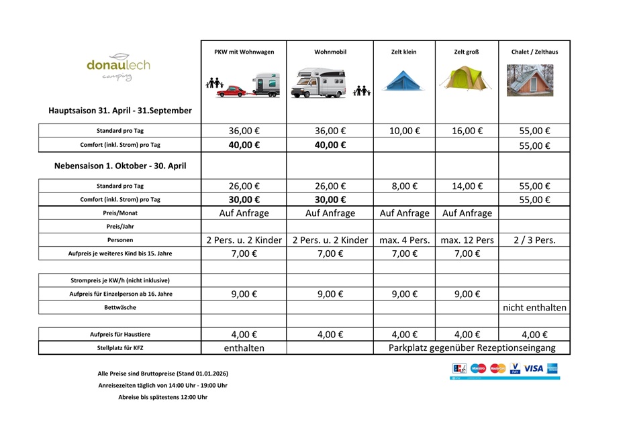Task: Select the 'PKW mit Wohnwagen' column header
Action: coord(244,52)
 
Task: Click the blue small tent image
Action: coord(403,80)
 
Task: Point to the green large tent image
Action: coord(466,78)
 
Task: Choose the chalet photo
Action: coord(530,80)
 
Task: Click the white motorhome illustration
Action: coord(320,84)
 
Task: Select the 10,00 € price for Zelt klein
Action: coord(404,131)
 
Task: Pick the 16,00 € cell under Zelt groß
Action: coord(467,131)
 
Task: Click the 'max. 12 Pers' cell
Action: coord(467,240)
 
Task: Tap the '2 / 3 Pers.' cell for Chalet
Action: coord(534,240)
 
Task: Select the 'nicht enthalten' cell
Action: coord(534,308)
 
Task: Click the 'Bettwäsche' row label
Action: coord(120,308)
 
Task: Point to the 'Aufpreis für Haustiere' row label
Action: coord(120,335)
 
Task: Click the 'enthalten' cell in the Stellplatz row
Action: coord(244,348)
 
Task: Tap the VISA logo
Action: coord(534,368)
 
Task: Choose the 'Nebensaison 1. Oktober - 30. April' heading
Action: coord(120,166)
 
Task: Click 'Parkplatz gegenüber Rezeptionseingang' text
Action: coord(472,348)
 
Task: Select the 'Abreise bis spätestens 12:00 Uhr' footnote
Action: coord(162,397)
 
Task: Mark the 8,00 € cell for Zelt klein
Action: coord(404,186)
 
